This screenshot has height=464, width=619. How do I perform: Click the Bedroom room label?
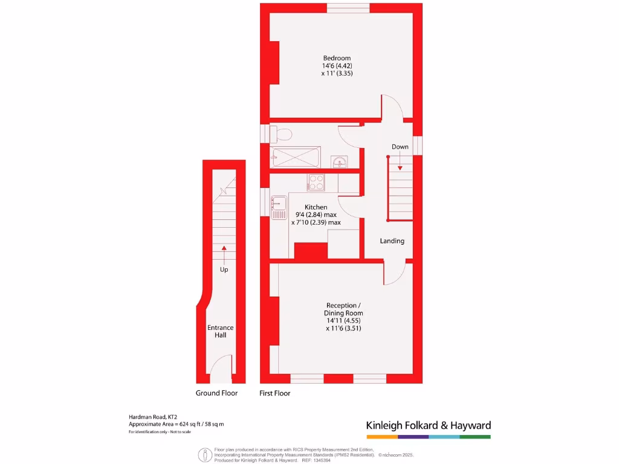(337, 58)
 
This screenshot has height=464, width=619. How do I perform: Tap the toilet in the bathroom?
(282, 133)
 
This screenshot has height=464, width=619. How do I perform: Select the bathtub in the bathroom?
(295, 158)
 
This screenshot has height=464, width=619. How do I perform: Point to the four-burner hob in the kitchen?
(316, 182)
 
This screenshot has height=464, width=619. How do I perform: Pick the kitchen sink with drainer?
(279, 207)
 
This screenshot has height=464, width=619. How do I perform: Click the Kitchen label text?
(316, 207)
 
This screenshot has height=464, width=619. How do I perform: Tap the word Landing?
(392, 241)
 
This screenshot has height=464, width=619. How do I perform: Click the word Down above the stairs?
(400, 147)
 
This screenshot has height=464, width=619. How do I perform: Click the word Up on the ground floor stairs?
(224, 269)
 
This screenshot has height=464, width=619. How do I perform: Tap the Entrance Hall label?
(220, 331)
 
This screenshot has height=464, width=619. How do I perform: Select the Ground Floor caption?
(216, 393)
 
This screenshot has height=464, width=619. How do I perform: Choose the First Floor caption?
(274, 393)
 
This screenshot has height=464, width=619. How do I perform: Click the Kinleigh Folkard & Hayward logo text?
(428, 425)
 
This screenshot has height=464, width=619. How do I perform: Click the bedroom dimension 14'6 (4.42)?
(337, 66)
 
